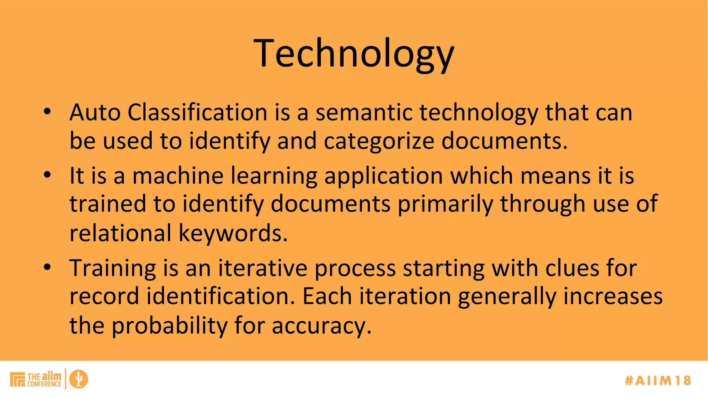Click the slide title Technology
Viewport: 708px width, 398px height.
click(x=354, y=54)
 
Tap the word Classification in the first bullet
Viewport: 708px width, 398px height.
click(x=197, y=113)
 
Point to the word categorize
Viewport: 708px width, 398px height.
click(x=379, y=141)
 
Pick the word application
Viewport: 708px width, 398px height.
click(x=383, y=176)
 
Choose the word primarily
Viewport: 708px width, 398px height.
click(x=445, y=204)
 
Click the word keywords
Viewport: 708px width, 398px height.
click(x=233, y=233)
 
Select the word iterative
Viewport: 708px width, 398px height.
click(x=263, y=268)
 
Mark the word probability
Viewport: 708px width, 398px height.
click(x=169, y=325)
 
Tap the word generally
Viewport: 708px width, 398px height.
click(x=507, y=297)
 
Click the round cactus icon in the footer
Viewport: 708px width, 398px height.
click(x=79, y=379)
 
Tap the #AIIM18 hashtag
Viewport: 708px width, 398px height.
click(x=658, y=380)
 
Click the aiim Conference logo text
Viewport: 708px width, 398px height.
click(x=44, y=379)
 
